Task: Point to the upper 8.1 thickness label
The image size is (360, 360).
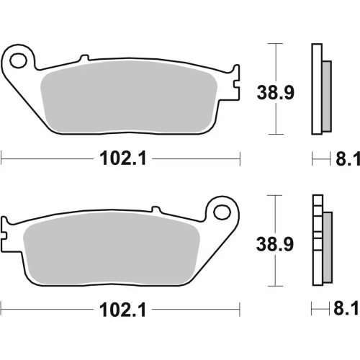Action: point(343,158)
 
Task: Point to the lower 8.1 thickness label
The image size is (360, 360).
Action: point(343,310)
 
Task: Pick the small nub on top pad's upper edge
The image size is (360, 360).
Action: point(84,57)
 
